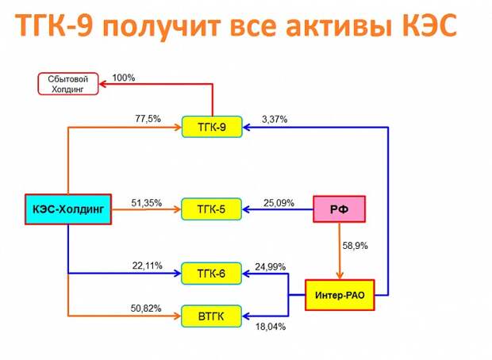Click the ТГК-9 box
tap(212, 127)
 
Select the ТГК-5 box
tap(212, 209)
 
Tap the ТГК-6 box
tap(212, 274)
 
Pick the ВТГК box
tap(212, 316)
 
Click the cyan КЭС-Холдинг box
tap(68, 209)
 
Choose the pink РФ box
tap(339, 209)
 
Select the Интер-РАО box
tap(340, 295)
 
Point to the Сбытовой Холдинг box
tap(68, 84)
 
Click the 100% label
tap(124, 78)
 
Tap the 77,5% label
tap(148, 119)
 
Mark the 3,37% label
tap(275, 120)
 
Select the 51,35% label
tap(147, 203)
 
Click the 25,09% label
tap(279, 203)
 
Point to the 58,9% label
tap(355, 246)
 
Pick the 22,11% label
tap(147, 266)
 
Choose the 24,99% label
tap(270, 267)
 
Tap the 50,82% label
tap(146, 308)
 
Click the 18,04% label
tap(271, 327)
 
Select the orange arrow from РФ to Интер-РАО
tap(340, 251)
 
